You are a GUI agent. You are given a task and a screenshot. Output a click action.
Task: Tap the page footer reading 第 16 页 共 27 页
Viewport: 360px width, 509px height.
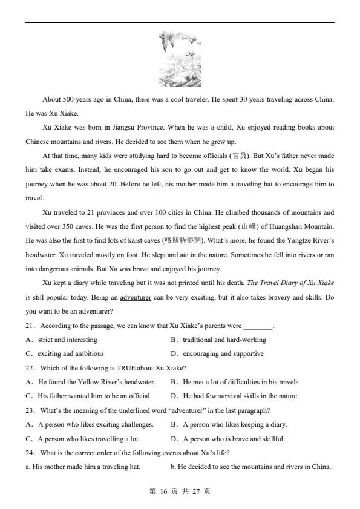(x=179, y=491)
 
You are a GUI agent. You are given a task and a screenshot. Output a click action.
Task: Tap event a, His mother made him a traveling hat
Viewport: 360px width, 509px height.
(x=83, y=467)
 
